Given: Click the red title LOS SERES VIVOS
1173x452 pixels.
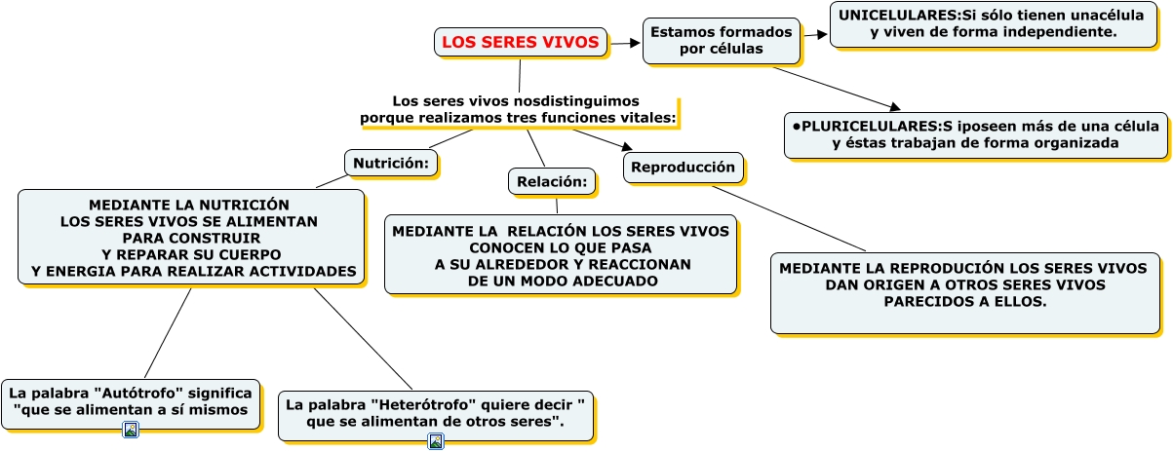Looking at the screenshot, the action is click(520, 42).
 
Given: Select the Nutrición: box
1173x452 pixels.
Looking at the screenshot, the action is click(391, 163).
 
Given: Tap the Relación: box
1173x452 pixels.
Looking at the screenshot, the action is click(552, 181).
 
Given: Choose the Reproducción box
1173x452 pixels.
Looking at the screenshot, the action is click(683, 168).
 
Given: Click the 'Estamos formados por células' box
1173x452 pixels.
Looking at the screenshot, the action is click(722, 41).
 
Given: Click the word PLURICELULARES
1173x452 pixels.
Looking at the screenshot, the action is click(870, 126).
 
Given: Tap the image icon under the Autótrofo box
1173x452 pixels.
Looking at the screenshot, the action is click(131, 430).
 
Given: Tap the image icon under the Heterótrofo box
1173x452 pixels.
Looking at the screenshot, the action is click(436, 441).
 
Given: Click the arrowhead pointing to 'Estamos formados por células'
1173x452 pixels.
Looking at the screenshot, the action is click(635, 43).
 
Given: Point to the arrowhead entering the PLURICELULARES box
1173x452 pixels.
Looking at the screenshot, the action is click(894, 107).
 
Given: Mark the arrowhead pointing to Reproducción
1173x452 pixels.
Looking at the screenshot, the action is click(627, 146).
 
